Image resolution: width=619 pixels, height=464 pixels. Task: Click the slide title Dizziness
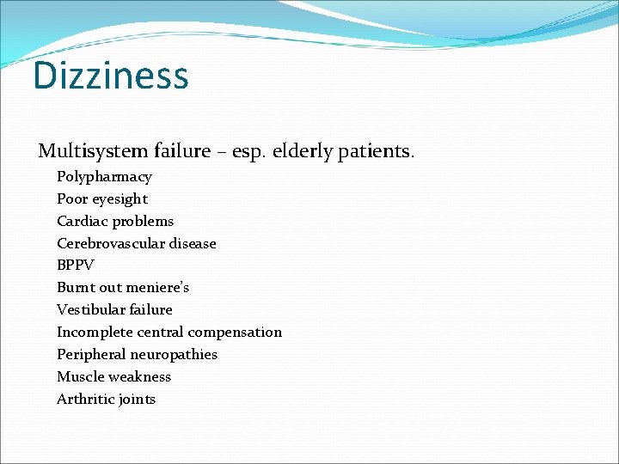(110, 76)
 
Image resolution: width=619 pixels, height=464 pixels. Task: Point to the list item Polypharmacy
(104, 177)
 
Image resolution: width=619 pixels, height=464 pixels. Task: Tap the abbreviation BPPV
(75, 266)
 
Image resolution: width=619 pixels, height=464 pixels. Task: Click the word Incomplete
(93, 333)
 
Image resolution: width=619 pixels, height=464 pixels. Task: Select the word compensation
(235, 333)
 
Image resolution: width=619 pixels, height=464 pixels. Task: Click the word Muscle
(80, 377)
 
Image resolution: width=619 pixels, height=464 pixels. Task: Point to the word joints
(137, 400)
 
